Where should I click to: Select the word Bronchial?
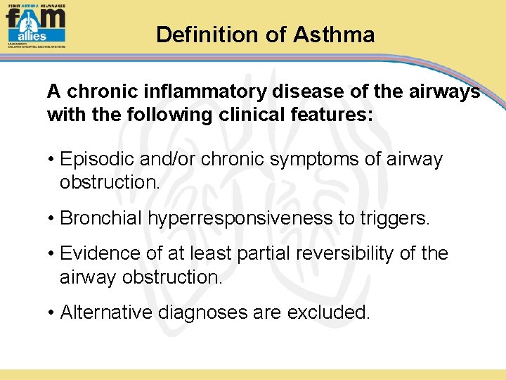pyautogui.click(x=101, y=218)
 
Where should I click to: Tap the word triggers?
pyautogui.click(x=394, y=218)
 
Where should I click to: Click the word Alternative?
pyautogui.click(x=106, y=312)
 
